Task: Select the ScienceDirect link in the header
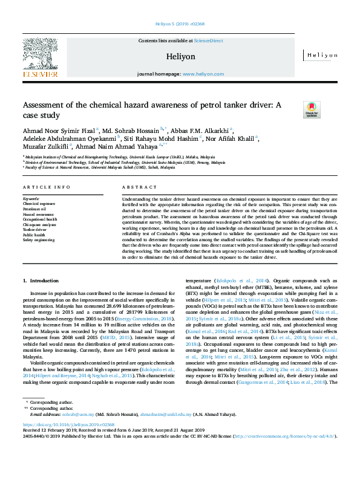pos(208,41)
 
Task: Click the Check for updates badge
pos(311,109)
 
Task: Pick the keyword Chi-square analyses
pos(39,224)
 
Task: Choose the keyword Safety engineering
pos(38,240)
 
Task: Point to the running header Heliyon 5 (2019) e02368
pos(180,25)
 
